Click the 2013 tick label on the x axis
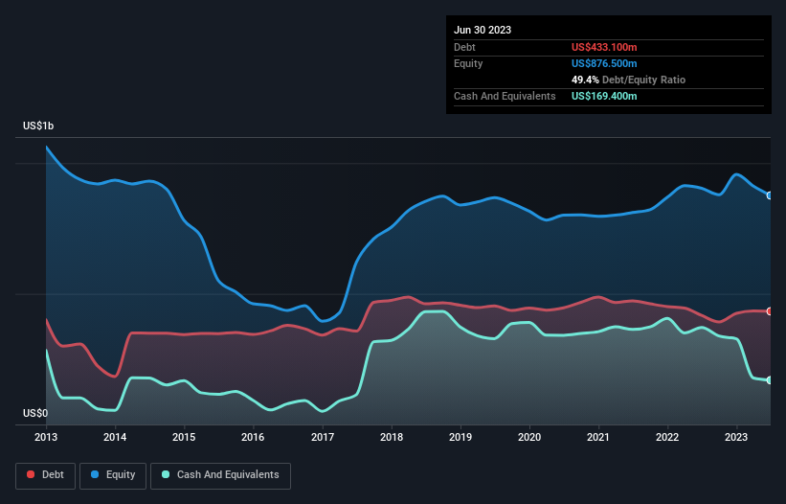pos(46,437)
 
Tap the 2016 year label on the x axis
pos(253,437)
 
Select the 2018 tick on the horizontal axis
pos(392,437)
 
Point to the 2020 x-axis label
pos(529,437)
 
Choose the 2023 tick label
pos(736,437)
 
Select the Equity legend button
pos(113,475)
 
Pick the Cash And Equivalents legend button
pos(220,475)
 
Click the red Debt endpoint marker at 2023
pos(770,311)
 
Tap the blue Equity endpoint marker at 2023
pos(770,195)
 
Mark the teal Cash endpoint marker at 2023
pos(770,380)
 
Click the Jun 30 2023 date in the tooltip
pos(483,30)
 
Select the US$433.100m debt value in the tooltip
pos(604,47)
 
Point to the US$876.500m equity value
pos(604,63)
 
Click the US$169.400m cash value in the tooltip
pos(604,96)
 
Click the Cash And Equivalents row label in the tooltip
pos(505,96)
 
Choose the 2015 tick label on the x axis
pos(184,437)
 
